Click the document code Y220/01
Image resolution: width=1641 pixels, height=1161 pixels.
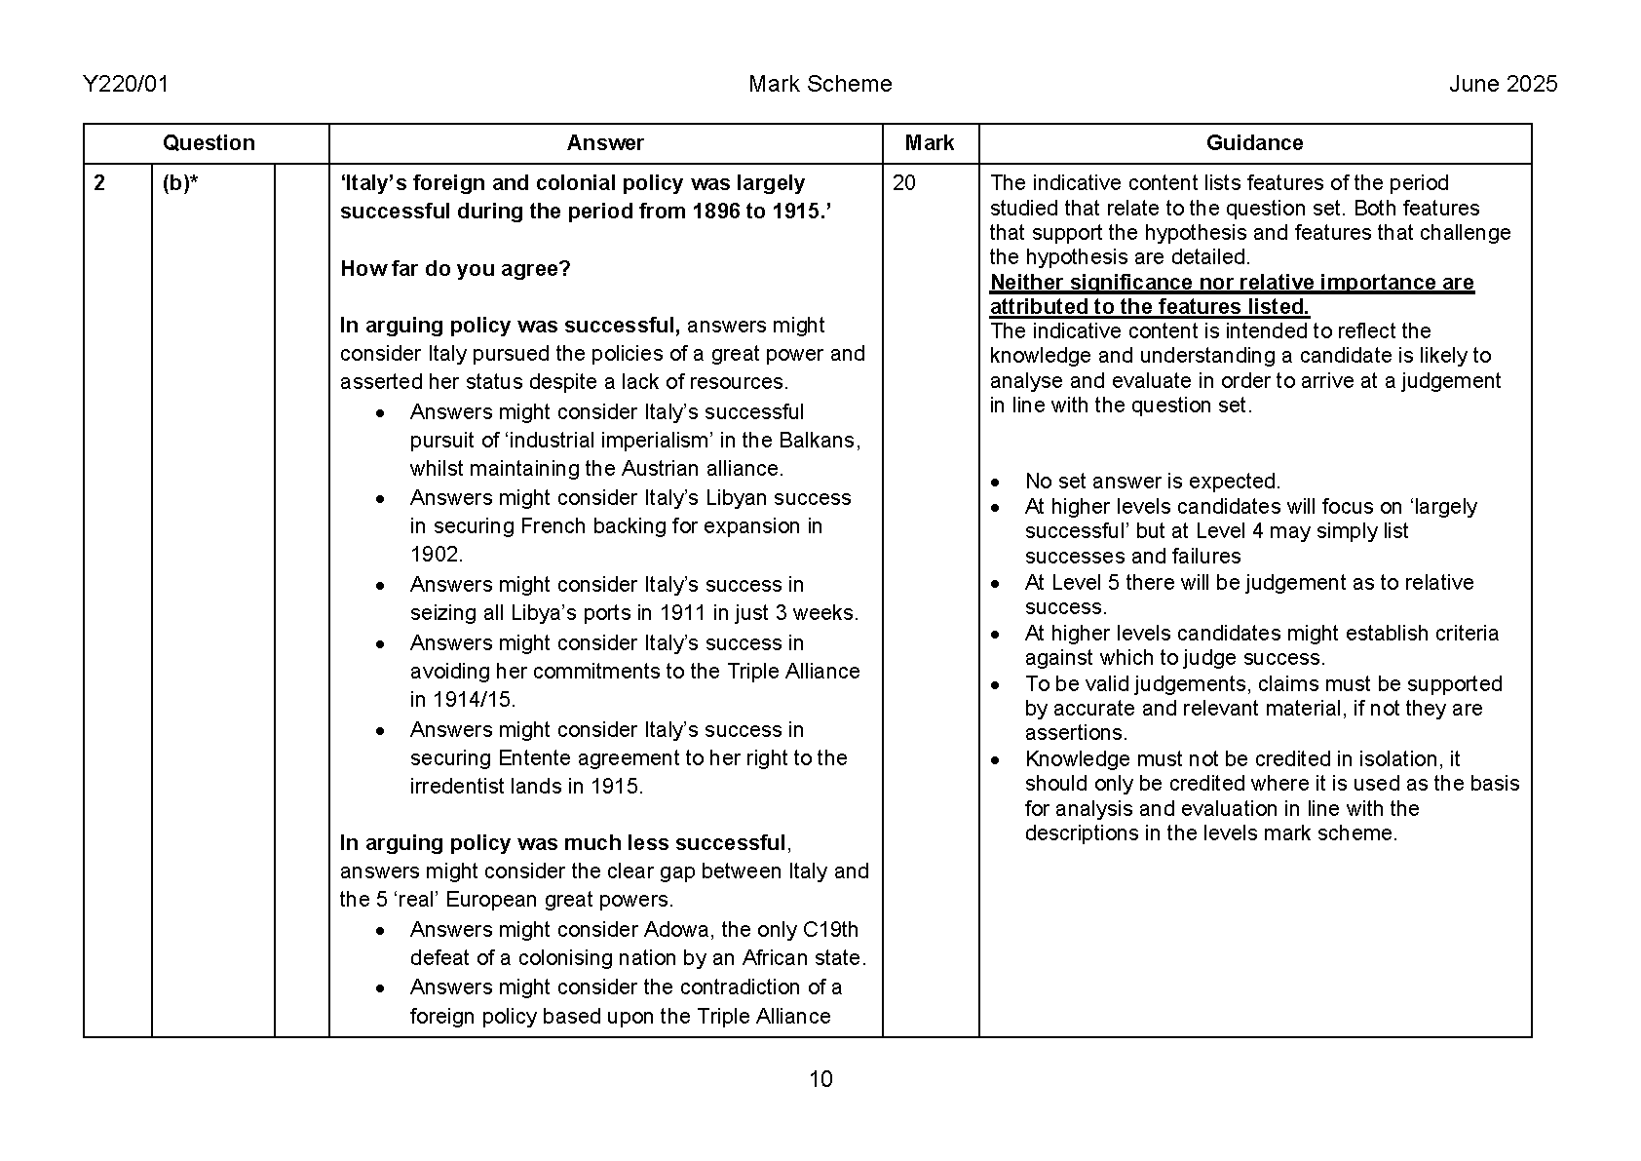[126, 85]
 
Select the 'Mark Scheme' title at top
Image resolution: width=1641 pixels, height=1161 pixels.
[820, 85]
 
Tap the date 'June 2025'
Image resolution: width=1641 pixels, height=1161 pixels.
[1503, 85]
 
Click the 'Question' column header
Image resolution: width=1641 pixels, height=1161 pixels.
[208, 143]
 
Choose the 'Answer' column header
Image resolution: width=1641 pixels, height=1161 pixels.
[605, 143]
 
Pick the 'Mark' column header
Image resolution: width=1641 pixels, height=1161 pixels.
[929, 143]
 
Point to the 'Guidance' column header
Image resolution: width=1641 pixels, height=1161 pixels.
[1254, 143]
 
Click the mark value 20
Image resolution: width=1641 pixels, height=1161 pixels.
[904, 183]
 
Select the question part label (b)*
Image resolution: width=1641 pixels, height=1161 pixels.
[180, 183]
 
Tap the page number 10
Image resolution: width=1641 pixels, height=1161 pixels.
[820, 1079]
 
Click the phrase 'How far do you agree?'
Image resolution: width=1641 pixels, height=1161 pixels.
[455, 269]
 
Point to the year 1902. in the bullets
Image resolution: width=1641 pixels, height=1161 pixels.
[436, 555]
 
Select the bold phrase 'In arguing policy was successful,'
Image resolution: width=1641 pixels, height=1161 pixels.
[510, 326]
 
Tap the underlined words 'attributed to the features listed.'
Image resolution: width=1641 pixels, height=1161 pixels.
[1149, 307]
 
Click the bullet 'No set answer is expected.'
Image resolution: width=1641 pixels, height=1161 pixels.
[1152, 482]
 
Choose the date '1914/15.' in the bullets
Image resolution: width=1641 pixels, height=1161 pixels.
[463, 700]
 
